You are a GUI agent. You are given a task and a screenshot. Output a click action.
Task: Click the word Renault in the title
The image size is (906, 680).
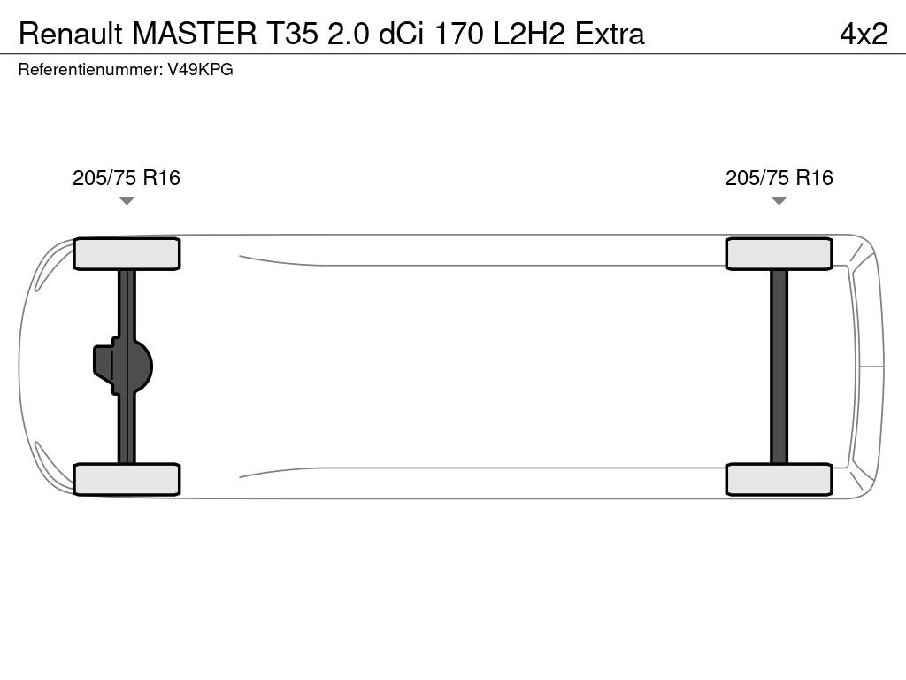click(x=71, y=34)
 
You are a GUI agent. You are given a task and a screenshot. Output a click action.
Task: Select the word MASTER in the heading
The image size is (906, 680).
click(x=195, y=34)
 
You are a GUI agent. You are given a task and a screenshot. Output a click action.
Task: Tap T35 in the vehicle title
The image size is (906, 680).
click(x=292, y=34)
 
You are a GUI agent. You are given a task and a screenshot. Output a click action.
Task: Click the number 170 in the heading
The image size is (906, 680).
click(x=458, y=34)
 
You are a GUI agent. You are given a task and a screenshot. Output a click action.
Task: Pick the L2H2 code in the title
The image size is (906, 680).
click(x=529, y=34)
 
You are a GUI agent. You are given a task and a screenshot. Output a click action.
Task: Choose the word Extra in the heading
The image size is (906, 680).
click(x=610, y=34)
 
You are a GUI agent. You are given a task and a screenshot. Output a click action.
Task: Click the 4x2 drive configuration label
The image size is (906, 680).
click(x=864, y=34)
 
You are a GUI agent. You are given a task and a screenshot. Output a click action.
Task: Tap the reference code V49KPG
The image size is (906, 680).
click(x=201, y=69)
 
